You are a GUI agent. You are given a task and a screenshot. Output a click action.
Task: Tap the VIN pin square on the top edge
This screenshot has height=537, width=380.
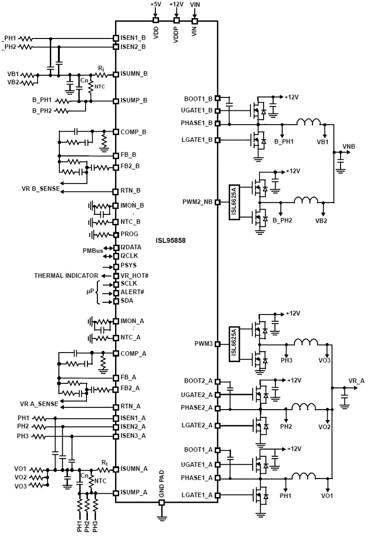click(x=195, y=21)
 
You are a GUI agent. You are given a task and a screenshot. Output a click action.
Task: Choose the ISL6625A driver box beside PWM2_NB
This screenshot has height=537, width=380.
click(x=233, y=202)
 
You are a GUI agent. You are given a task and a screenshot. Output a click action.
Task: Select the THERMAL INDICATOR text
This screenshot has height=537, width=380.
click(x=66, y=276)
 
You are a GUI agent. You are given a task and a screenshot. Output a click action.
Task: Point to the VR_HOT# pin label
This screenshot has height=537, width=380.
click(x=134, y=276)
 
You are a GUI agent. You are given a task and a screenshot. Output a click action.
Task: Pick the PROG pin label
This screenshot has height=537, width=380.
click(x=129, y=234)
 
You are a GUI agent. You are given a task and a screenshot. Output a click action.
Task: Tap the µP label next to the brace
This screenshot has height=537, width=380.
click(x=90, y=291)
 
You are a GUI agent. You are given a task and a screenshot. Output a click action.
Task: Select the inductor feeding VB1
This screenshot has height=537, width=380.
click(x=309, y=123)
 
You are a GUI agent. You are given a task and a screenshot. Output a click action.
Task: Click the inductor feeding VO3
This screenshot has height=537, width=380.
click(x=305, y=342)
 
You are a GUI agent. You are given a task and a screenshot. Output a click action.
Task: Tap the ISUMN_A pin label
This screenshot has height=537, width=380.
click(x=134, y=469)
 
